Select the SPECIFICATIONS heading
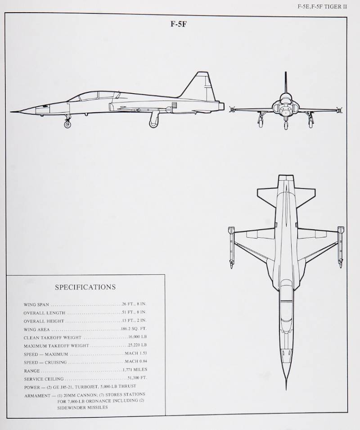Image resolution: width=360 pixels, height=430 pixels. (85, 287)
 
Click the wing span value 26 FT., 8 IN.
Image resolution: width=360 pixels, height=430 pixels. (134, 304)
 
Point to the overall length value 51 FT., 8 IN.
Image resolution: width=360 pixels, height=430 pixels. (134, 312)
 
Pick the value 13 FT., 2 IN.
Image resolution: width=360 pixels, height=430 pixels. (134, 321)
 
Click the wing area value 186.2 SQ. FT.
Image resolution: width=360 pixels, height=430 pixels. (134, 329)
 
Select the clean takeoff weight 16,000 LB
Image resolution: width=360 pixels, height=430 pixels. (137, 337)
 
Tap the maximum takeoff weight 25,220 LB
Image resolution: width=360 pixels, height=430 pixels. (137, 345)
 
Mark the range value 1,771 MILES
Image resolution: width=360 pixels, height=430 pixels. (135, 370)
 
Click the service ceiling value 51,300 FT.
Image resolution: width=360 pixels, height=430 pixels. (137, 378)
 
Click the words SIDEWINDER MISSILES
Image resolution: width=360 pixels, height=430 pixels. (82, 407)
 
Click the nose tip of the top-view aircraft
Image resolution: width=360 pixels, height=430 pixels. (286, 388)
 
